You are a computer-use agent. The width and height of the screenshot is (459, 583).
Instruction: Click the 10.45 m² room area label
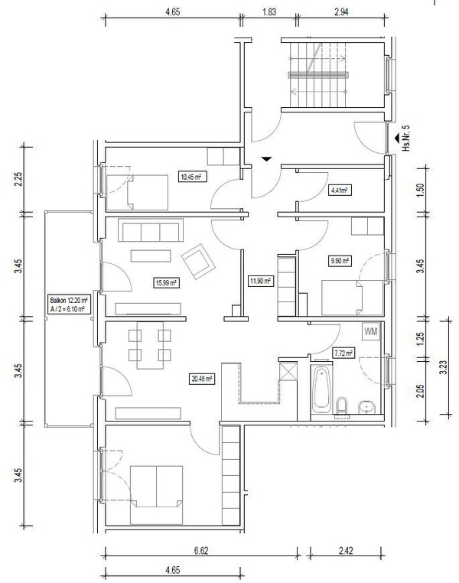coord(192,177)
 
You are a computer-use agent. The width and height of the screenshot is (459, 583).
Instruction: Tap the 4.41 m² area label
coord(339,191)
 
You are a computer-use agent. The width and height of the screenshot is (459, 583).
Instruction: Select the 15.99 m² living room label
coord(165,283)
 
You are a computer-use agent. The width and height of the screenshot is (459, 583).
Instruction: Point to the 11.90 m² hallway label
coord(260,281)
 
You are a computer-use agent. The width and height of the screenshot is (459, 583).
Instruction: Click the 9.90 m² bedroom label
coord(340,261)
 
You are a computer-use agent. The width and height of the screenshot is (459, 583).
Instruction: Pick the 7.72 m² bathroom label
coord(343,353)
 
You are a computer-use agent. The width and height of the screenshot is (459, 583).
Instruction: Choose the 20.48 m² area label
coord(202,379)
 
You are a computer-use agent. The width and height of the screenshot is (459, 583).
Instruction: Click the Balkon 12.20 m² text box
coord(69,305)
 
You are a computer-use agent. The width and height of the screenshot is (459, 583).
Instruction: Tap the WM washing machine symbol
coord(370,331)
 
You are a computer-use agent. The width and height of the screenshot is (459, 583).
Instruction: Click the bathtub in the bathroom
coord(321,389)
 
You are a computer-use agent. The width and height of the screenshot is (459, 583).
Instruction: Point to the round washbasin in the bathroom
coord(367,407)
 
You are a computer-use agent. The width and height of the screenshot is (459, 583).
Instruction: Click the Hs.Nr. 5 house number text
coord(406,138)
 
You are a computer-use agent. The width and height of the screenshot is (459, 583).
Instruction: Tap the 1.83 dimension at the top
coord(269,12)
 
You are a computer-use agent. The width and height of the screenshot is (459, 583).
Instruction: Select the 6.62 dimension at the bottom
coord(201,551)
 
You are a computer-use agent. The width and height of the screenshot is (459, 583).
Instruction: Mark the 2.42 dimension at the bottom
coord(346,551)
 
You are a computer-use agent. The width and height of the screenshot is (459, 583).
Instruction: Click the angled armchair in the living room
coord(198,261)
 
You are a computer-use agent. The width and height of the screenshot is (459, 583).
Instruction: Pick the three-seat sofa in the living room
coord(151,230)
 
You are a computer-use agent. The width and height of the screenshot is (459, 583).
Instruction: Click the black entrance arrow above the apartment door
coord(266,159)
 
